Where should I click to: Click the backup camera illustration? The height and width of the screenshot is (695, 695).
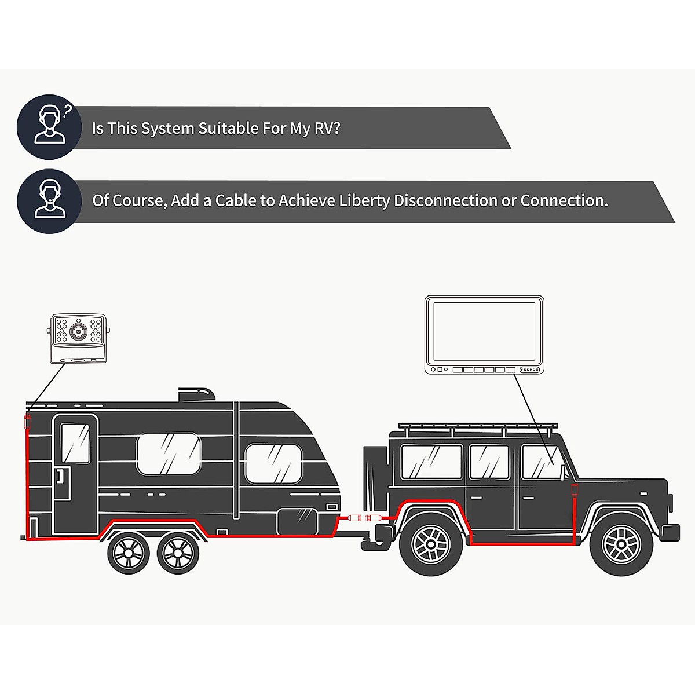point(78,338)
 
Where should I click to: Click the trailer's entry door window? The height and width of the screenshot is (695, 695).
point(75,443)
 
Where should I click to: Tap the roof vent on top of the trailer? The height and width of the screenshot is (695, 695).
point(196,395)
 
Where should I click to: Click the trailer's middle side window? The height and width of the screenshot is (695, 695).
point(169,455)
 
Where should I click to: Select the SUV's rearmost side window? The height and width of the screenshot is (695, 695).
point(431,462)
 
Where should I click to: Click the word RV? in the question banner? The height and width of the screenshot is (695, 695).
point(327,128)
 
